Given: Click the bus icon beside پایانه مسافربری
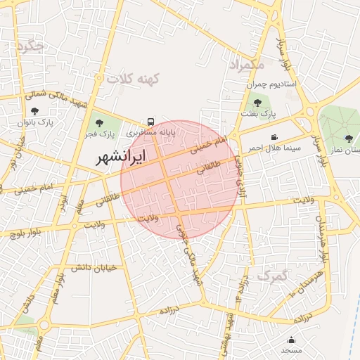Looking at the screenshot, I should [152, 121].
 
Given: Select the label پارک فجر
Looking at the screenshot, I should [100, 134].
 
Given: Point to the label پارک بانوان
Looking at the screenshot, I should [35, 122].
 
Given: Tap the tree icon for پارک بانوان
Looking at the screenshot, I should [35, 111].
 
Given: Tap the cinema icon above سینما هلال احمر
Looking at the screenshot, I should [274, 138].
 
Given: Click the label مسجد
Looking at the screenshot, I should [291, 350].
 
